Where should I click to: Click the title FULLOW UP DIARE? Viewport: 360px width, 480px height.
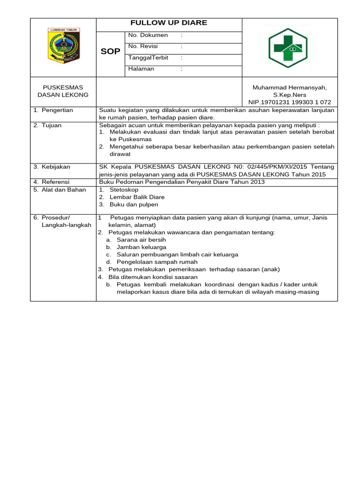click(x=169, y=23)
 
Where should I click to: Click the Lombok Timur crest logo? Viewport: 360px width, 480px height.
click(x=64, y=45)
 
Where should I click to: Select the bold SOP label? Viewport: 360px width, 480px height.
click(x=111, y=51)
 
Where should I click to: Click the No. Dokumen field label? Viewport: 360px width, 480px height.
click(x=148, y=35)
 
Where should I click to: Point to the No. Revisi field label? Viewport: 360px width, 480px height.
click(x=143, y=46)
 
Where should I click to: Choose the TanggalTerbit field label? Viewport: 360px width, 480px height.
click(x=148, y=58)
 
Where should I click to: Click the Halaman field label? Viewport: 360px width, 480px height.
click(x=141, y=69)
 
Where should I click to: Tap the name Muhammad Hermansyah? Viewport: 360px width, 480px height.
click(x=290, y=88)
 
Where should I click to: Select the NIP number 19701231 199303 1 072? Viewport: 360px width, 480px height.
click(x=290, y=102)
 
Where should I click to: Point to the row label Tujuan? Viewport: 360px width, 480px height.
click(x=52, y=125)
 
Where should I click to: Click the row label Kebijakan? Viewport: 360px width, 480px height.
click(x=55, y=167)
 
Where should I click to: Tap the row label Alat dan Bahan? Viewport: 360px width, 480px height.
click(x=60, y=189)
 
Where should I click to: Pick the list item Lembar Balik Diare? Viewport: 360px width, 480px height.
click(x=137, y=197)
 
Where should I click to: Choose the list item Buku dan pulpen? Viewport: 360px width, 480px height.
click(x=134, y=204)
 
